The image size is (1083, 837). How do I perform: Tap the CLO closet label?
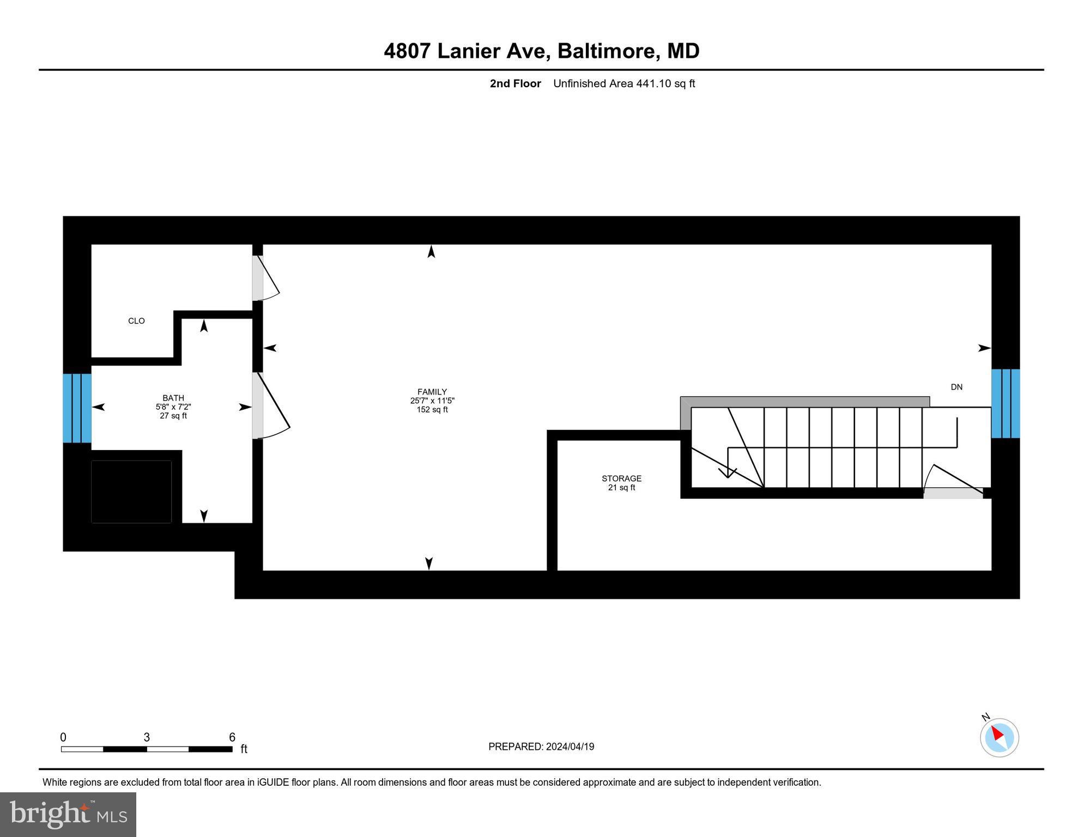tap(136, 321)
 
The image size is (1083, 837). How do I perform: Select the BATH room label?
tap(173, 398)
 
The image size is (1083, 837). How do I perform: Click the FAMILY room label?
tap(432, 392)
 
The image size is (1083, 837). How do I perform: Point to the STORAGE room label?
tap(621, 478)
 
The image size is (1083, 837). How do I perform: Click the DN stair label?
tap(957, 387)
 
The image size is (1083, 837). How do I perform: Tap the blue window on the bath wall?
tap(77, 408)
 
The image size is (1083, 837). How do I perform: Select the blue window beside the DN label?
tap(1005, 403)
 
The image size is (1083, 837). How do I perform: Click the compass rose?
tap(999, 737)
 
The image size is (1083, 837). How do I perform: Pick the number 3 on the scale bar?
tap(147, 737)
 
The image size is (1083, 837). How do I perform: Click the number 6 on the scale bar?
tap(232, 737)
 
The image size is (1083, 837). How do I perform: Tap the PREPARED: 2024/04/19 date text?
tap(541, 747)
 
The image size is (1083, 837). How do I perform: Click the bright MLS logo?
tap(68, 814)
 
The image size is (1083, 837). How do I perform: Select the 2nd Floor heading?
tap(515, 83)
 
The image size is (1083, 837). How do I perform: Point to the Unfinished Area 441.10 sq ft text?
tap(624, 83)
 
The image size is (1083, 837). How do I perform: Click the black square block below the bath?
tap(131, 492)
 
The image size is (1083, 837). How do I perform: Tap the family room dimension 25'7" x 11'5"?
tap(432, 401)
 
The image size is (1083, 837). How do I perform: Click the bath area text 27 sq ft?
tap(173, 416)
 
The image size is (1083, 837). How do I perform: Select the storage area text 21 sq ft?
tap(621, 488)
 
